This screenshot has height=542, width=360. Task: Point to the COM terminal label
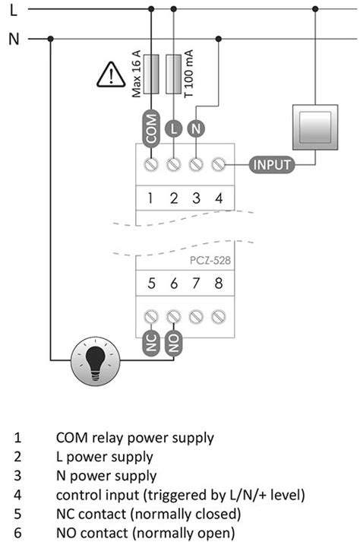click(150, 128)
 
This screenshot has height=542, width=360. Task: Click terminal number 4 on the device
click(219, 198)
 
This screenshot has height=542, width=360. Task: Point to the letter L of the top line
click(13, 9)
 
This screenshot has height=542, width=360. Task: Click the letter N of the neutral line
click(13, 39)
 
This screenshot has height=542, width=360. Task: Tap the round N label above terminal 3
click(196, 128)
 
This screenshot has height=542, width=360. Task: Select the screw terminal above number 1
click(150, 163)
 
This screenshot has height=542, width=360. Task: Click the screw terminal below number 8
click(219, 315)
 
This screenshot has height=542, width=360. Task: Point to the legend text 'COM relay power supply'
click(134, 438)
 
